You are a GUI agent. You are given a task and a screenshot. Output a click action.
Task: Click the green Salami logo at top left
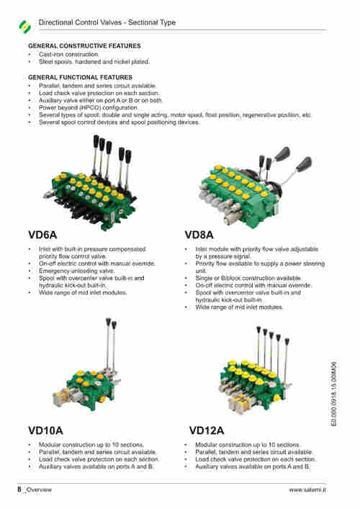25,27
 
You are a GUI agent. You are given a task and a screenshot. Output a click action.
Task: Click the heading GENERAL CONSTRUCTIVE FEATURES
84,46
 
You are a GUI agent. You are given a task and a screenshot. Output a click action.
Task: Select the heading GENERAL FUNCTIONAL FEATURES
80,77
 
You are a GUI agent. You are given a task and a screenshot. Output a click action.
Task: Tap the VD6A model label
42,235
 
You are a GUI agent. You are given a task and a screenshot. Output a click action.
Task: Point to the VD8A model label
199,235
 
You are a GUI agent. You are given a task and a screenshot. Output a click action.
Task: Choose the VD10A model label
45,431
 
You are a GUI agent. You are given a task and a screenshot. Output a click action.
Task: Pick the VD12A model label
207,431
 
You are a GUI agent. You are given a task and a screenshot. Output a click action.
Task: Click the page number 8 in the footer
19,489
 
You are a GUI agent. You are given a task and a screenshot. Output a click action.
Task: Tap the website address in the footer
307,490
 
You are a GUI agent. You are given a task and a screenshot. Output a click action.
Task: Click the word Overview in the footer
39,490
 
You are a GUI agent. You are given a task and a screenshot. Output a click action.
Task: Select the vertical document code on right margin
334,394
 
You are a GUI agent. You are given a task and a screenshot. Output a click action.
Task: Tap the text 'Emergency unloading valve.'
76,271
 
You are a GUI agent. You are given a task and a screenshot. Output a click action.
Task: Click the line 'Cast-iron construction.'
69,54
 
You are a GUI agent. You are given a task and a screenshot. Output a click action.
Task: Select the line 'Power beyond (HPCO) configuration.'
89,107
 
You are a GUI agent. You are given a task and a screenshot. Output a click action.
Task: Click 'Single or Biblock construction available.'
248,278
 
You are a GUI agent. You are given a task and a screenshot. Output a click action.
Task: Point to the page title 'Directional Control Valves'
80,22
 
